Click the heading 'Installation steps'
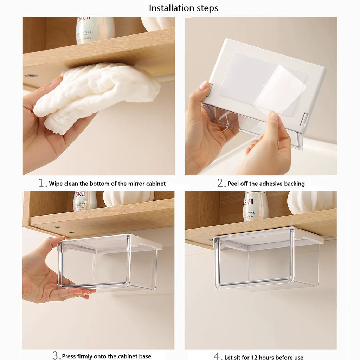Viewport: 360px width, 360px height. [183, 8]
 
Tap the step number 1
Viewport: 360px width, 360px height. [42, 183]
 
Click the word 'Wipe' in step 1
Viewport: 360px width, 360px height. [56, 184]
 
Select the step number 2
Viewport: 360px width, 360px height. [221, 183]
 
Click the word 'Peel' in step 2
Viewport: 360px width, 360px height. [233, 184]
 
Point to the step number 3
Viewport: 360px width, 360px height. [56, 355]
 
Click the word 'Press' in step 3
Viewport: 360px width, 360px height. [69, 356]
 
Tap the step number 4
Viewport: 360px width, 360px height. [217, 356]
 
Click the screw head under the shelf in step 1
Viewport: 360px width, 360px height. [31, 75]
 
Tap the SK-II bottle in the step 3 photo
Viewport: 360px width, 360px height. [85, 201]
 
